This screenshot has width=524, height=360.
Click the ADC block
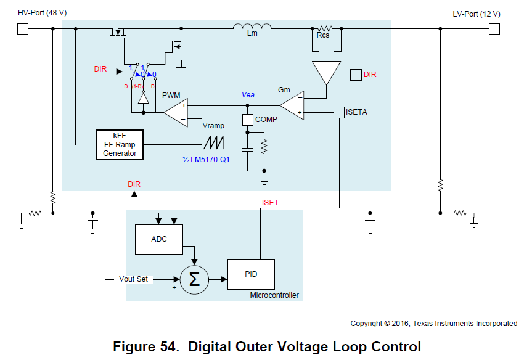click(158, 239)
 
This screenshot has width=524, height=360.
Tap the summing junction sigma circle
click(194, 279)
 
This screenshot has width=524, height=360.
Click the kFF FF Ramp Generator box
click(120, 145)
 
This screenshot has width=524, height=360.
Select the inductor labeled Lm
click(252, 28)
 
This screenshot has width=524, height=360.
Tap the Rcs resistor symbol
click(324, 28)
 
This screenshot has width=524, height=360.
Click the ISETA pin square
click(338, 112)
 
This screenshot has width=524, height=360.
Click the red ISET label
click(270, 202)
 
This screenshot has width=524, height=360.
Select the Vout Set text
click(133, 279)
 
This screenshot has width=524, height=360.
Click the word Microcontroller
click(274, 295)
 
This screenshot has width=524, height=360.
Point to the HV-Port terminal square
click(23, 28)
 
